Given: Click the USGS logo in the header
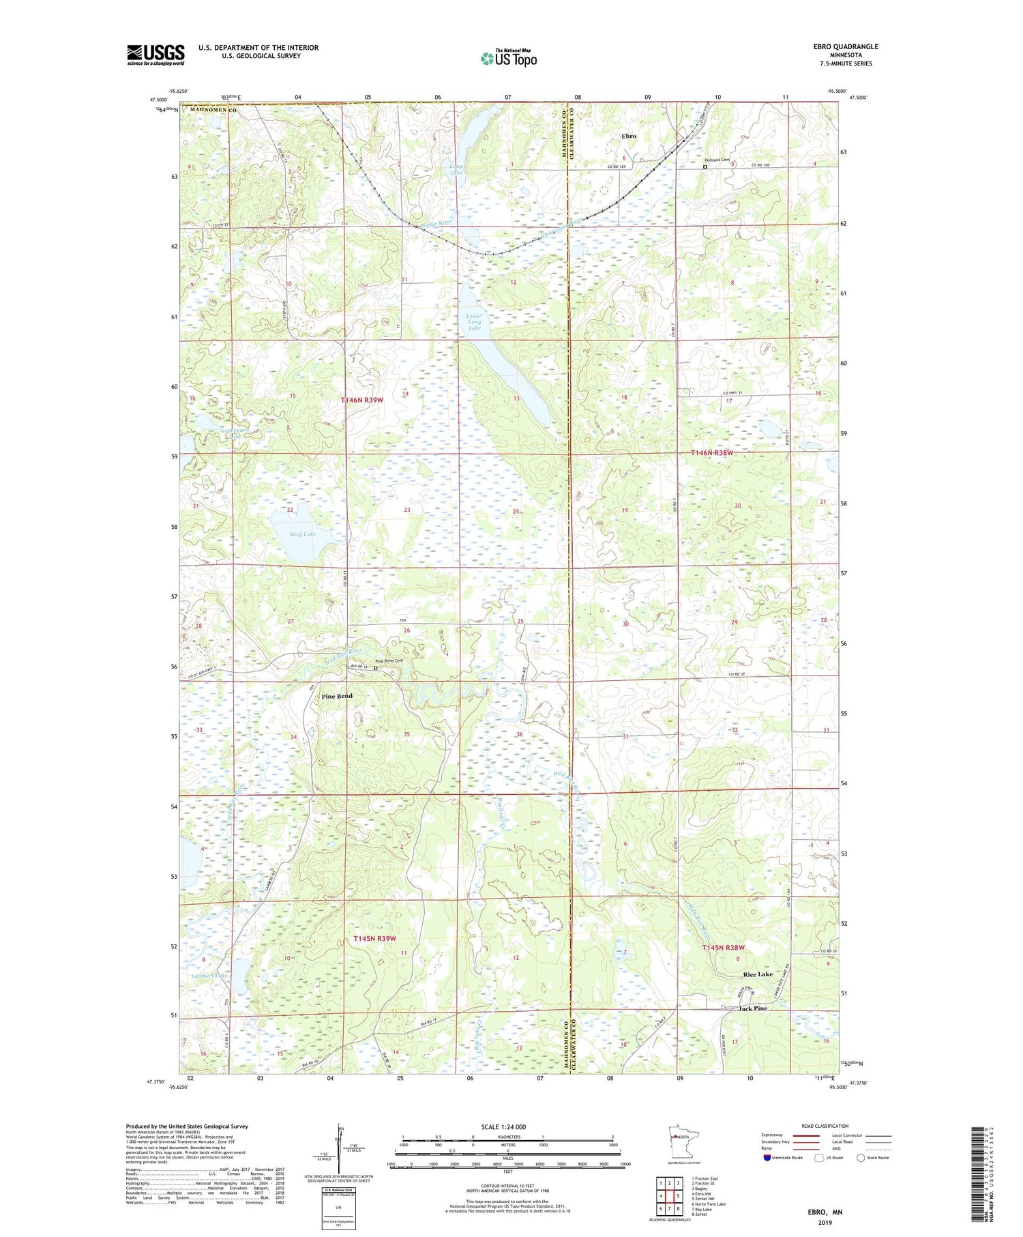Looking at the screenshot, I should click(155, 55).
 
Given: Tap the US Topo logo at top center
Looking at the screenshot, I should click(508, 58).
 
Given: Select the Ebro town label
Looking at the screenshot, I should click(628, 136).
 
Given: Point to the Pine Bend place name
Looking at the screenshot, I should click(337, 696).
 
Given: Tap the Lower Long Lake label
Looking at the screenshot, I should click(475, 322).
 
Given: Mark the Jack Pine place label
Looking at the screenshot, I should click(753, 1008).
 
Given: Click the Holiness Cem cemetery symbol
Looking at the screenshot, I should click(705, 165).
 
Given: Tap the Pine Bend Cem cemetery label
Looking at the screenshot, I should click(391, 661).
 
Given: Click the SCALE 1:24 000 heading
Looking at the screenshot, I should click(507, 1126).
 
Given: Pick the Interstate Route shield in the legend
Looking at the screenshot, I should click(768, 1158).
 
